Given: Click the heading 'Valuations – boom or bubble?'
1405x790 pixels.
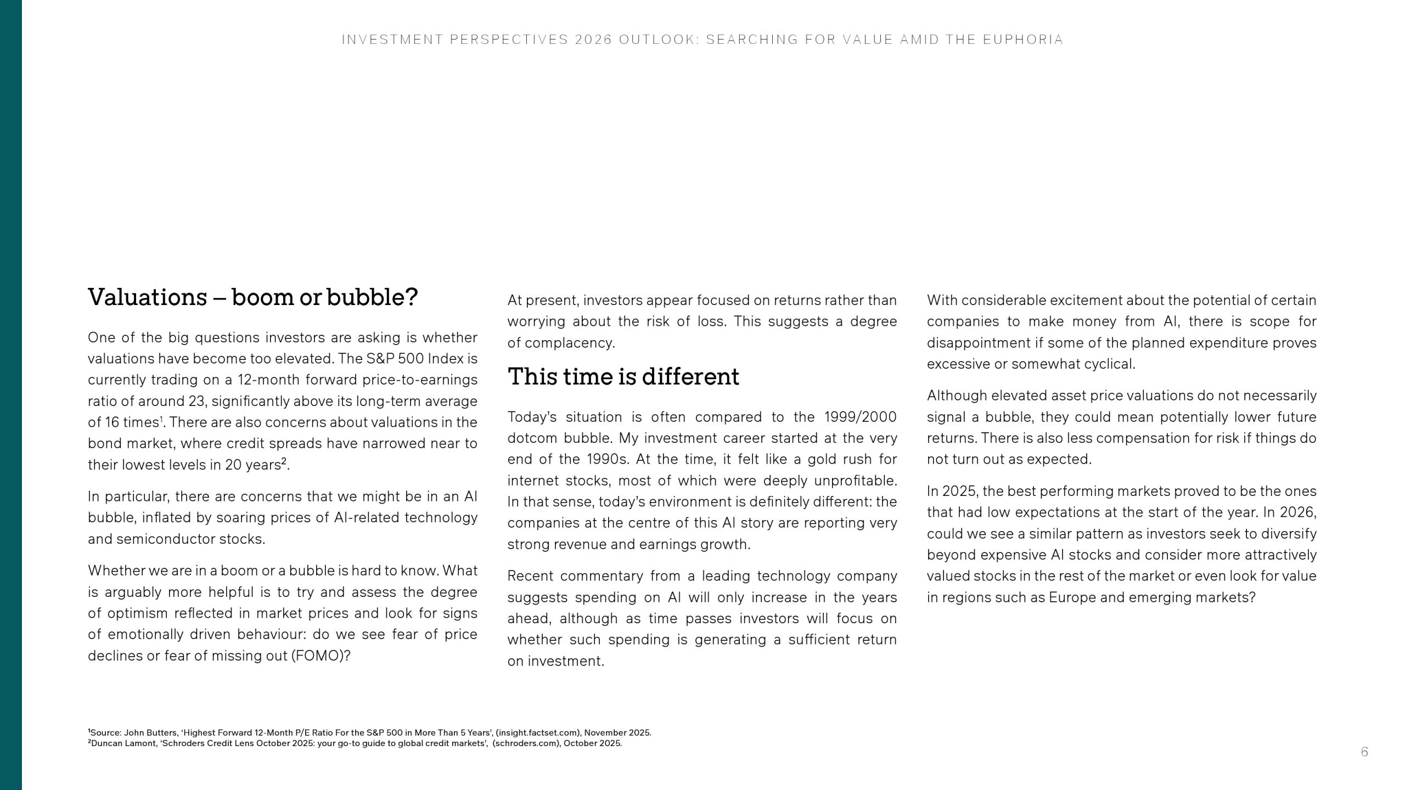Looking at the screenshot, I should tap(252, 297).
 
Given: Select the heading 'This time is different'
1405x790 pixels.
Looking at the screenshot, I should tap(623, 377).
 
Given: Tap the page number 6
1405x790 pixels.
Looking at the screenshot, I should tap(1364, 752).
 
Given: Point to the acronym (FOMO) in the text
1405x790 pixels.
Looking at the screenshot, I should tap(321, 656).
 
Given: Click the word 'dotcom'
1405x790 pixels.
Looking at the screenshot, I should tap(531, 438).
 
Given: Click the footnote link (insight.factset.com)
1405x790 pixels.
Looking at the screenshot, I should tap(538, 733).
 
